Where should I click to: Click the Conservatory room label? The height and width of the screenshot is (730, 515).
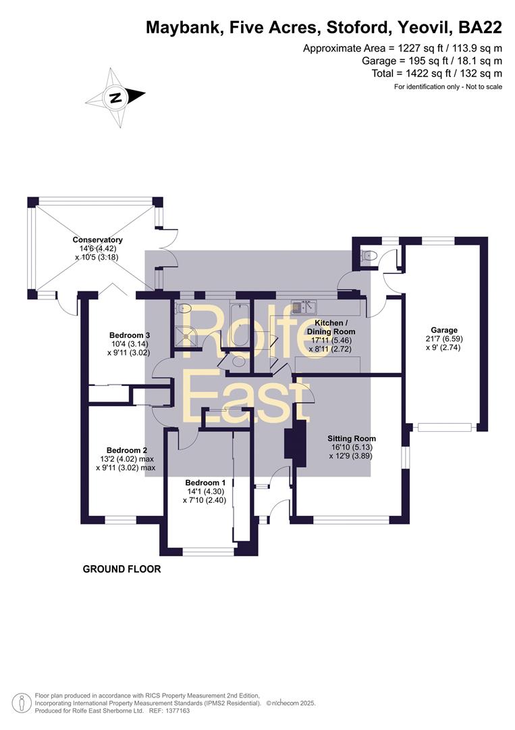click(x=98, y=240)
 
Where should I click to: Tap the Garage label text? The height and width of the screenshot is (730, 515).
click(x=444, y=330)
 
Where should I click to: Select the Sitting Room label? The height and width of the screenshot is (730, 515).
click(x=352, y=439)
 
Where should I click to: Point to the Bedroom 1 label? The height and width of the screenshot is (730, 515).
click(x=205, y=483)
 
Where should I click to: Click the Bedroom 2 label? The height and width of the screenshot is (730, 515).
click(x=127, y=450)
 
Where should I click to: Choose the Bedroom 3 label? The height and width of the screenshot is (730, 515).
click(x=130, y=335)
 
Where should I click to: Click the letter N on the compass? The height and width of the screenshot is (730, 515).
click(x=115, y=98)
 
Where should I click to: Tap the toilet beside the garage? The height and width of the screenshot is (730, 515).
click(x=369, y=255)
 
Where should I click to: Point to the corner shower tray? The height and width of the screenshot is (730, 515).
click(x=187, y=335)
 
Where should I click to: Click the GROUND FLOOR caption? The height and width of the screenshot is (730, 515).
click(x=121, y=569)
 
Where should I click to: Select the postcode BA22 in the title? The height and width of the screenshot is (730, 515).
click(x=481, y=28)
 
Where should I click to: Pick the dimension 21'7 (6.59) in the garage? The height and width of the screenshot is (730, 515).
click(x=444, y=339)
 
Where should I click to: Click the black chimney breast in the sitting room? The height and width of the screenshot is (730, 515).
click(x=296, y=443)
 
